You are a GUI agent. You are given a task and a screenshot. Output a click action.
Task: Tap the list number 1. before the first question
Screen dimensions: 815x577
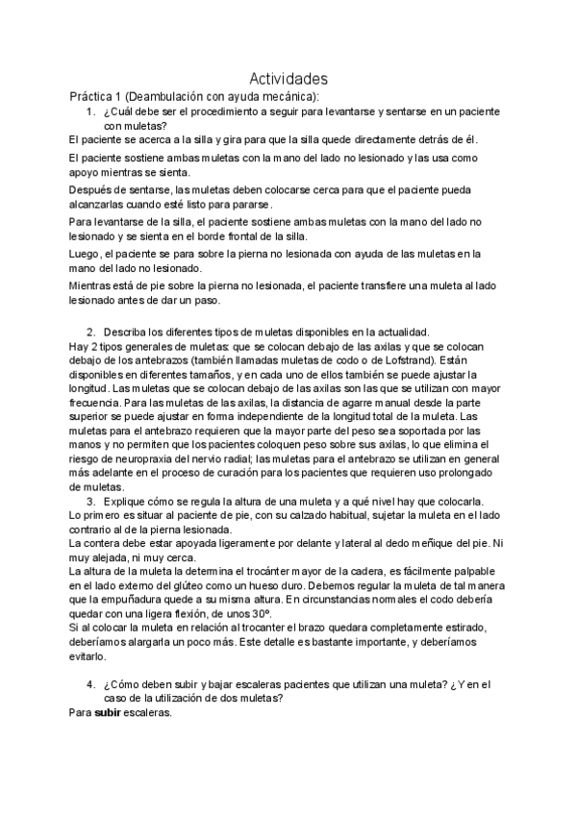90,111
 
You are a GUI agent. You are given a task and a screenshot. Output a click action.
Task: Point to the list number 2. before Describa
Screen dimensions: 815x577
90,331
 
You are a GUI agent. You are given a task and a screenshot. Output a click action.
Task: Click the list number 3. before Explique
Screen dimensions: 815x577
90,502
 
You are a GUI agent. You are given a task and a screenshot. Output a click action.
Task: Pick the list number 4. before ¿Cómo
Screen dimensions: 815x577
90,684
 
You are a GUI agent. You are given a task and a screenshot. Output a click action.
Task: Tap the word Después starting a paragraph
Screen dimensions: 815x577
93,190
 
